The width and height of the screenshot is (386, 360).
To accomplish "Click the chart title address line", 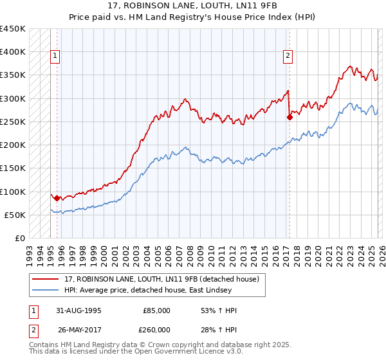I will (x=193, y=6).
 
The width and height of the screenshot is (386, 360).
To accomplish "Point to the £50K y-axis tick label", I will (x=15, y=215).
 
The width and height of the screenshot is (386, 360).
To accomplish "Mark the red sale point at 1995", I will (x=57, y=199).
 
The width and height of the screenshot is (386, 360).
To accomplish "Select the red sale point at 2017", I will (x=289, y=117).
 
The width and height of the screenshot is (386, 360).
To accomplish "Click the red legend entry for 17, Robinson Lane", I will (x=161, y=279).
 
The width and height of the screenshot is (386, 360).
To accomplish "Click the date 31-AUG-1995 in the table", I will (x=75, y=310).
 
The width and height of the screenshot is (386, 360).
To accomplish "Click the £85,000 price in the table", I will (x=156, y=310).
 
